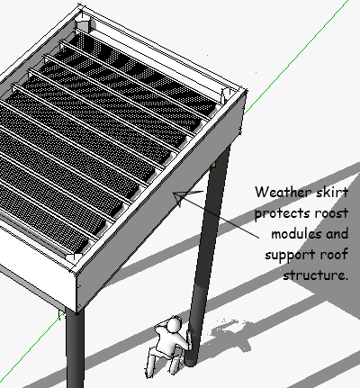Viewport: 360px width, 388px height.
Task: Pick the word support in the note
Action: (x=290, y=255)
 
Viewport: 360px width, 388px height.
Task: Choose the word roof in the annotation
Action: (x=334, y=255)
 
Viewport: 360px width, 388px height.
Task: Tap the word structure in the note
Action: (x=315, y=275)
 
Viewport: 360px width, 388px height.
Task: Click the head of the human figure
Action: (x=174, y=325)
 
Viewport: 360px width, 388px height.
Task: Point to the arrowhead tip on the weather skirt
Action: (x=174, y=194)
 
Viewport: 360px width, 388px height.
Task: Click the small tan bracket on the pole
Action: (x=213, y=164)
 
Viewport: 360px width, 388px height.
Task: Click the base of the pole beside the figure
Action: (x=190, y=361)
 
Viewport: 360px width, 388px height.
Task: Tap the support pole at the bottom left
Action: (x=75, y=349)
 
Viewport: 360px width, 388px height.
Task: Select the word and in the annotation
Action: (x=337, y=234)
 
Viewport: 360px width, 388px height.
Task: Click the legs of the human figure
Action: (x=162, y=362)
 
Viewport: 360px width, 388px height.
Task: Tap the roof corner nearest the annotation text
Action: (x=245, y=90)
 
